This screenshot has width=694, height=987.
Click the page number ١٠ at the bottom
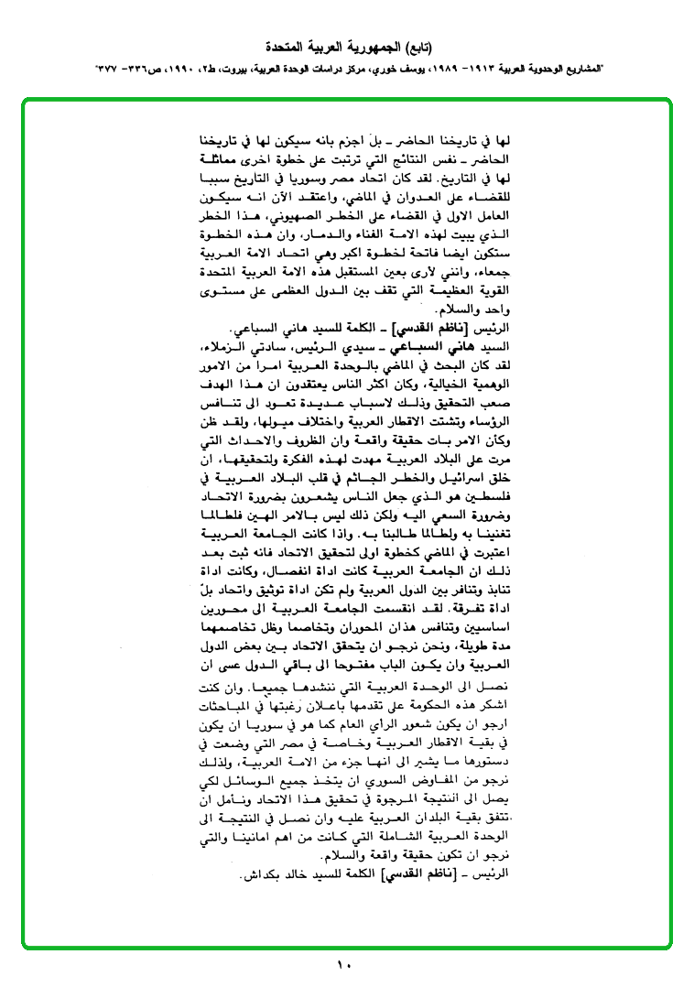pyautogui.click(x=344, y=965)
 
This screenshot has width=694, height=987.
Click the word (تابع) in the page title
pyautogui.click(x=417, y=46)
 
